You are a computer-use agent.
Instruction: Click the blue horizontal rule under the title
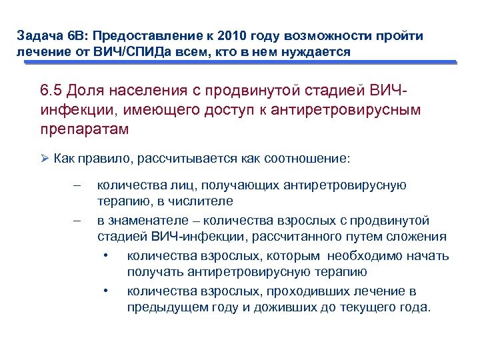(240, 63)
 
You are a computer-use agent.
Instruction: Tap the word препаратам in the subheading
(84, 129)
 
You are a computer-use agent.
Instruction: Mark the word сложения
(422, 237)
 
